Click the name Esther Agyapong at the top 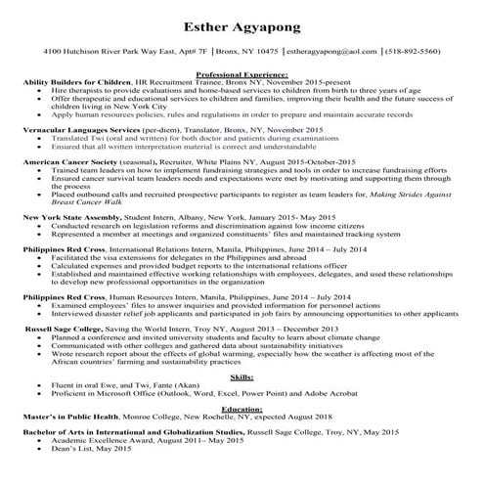coord(242,21)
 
